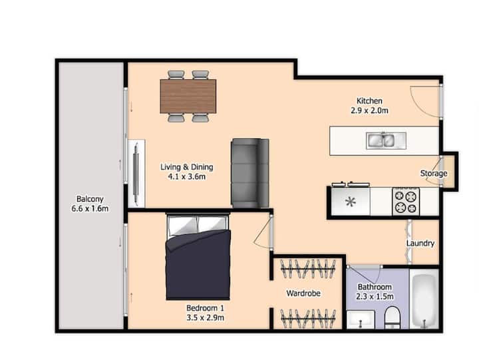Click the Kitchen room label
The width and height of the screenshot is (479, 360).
(x=369, y=100)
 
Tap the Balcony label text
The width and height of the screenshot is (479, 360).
(x=90, y=199)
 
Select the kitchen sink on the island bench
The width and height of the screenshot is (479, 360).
(x=386, y=140)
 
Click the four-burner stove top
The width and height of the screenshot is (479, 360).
(x=406, y=202)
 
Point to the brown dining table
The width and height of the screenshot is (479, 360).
(x=188, y=96)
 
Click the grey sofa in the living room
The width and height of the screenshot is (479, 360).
(x=250, y=173)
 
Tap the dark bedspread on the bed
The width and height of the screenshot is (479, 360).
(x=198, y=265)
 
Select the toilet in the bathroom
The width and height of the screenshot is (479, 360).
(x=393, y=318)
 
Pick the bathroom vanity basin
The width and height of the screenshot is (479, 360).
(x=361, y=319)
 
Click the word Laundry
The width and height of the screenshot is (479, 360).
(x=420, y=244)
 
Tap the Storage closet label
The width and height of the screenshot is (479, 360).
(x=434, y=173)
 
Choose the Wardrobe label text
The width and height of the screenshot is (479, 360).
(x=303, y=293)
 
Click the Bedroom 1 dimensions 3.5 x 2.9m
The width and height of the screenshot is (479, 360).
(x=206, y=318)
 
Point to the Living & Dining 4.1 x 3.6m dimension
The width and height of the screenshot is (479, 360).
(x=187, y=176)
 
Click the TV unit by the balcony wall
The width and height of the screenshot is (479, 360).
(x=136, y=174)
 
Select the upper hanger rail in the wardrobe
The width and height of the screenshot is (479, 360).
(x=308, y=269)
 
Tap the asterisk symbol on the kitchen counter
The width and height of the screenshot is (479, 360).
(x=351, y=202)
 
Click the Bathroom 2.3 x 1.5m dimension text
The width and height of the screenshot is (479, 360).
(x=375, y=296)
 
